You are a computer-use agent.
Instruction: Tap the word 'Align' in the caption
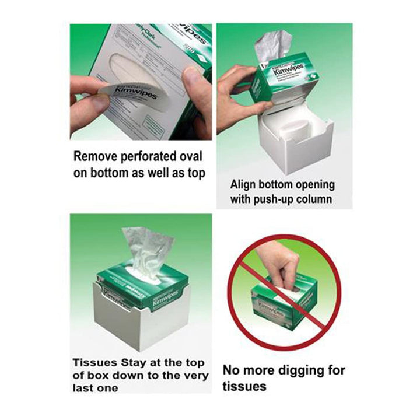245,184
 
